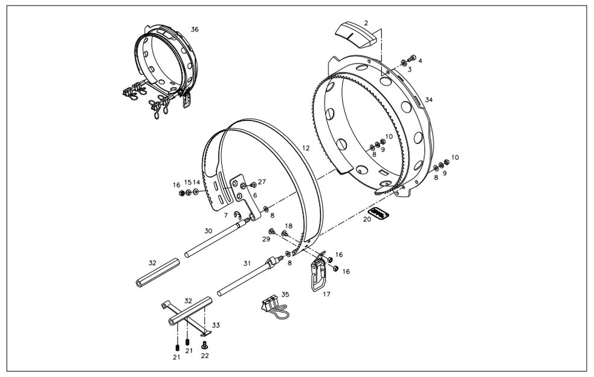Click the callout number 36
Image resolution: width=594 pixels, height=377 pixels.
click(x=194, y=29)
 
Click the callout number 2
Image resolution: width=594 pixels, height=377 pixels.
click(x=366, y=22)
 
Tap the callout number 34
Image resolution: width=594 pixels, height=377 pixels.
click(x=428, y=99)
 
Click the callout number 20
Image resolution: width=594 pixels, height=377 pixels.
click(x=367, y=220)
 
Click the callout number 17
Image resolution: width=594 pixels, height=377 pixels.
click(x=326, y=295)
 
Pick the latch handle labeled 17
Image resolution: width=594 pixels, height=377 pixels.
click(x=318, y=275)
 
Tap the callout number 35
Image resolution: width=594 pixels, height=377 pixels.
click(x=285, y=294)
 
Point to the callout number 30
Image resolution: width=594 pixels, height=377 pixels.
click(x=208, y=231)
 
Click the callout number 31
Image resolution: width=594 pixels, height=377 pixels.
click(x=247, y=263)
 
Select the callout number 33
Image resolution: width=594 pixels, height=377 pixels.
click(x=216, y=325)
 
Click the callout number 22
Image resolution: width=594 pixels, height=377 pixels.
click(x=205, y=356)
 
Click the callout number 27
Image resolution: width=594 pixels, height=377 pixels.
click(x=262, y=182)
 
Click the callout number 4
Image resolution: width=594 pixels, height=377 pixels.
click(x=420, y=61)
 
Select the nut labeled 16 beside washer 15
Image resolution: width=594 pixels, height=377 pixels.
click(x=181, y=193)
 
